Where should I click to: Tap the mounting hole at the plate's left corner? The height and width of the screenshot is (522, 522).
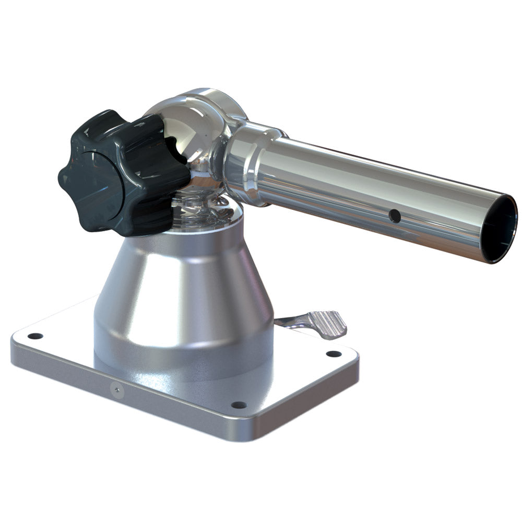click(34, 336)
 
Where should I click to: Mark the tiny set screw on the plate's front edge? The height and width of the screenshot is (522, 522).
click(115, 389)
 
